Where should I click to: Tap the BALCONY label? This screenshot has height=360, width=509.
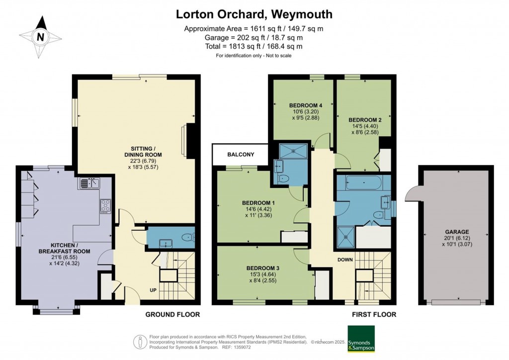pos(241,155)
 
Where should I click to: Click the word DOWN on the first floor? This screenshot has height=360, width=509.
pos(345,260)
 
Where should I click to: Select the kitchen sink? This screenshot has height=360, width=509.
pos(89,183)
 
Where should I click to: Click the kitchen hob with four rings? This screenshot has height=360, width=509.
pos(105,205)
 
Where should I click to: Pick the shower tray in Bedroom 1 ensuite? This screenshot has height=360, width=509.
pos(293,151)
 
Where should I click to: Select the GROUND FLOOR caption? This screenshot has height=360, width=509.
pos(172,314)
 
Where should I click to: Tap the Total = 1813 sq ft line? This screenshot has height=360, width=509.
pos(254,46)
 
